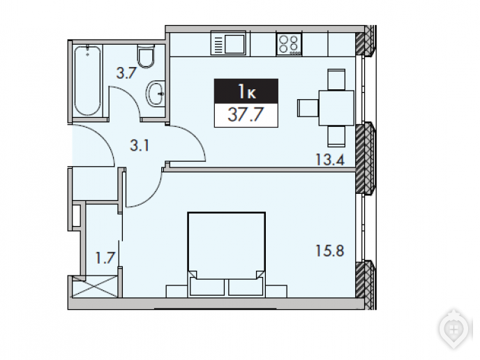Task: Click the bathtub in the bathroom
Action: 87,80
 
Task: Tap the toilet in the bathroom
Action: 145,57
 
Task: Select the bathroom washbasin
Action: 156,93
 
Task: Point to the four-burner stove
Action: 289,44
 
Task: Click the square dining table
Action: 336,107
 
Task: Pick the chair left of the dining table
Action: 308,107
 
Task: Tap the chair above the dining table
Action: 337,80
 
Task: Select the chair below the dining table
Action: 337,136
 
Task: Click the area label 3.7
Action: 126,73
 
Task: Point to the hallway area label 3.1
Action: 140,145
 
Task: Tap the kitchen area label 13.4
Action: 330,160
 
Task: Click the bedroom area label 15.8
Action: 330,250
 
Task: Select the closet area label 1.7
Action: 105,257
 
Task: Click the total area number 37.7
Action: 246,115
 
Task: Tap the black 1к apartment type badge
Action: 246,91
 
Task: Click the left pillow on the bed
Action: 207,287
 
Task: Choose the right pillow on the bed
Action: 246,287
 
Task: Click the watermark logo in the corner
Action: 454,329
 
